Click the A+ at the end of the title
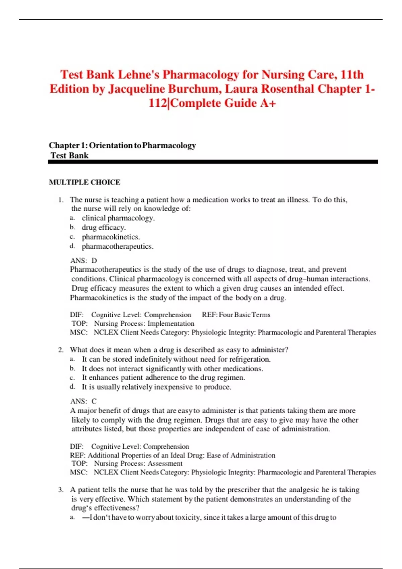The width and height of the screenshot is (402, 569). pyautogui.click(x=268, y=103)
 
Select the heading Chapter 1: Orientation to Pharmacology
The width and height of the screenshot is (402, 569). pyautogui.click(x=122, y=146)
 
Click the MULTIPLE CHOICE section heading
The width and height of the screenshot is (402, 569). pyautogui.click(x=84, y=182)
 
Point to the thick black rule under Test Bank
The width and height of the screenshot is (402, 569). pyautogui.click(x=213, y=162)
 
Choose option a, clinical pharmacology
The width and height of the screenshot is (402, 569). pyautogui.click(x=118, y=218)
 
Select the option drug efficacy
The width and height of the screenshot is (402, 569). pyautogui.click(x=104, y=228)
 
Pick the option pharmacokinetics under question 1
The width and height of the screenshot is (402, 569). pyautogui.click(x=111, y=237)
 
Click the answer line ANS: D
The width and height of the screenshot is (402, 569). pyautogui.click(x=83, y=261)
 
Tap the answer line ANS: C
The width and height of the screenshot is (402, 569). pyautogui.click(x=83, y=401)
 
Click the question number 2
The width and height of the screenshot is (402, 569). pyautogui.click(x=61, y=350)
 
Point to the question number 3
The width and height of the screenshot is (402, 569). pyautogui.click(x=61, y=490)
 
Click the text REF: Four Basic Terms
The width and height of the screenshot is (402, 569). pyautogui.click(x=236, y=315)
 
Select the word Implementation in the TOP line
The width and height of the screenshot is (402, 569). pyautogui.click(x=171, y=324)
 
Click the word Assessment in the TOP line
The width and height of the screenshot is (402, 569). pyautogui.click(x=165, y=464)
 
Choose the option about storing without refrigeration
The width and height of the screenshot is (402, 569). pyautogui.click(x=176, y=359)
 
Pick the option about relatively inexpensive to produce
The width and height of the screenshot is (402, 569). pyautogui.click(x=156, y=387)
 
